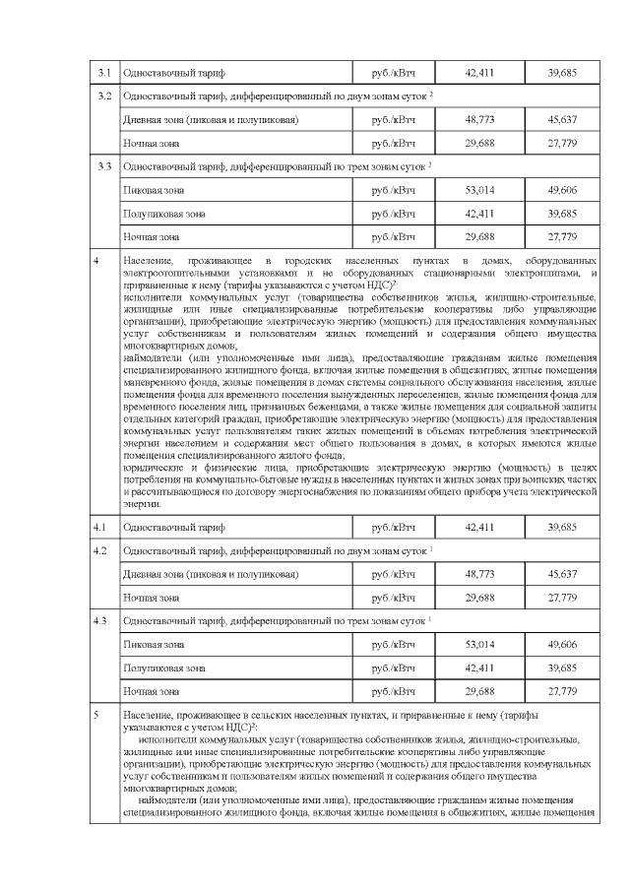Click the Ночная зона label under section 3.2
(151, 144)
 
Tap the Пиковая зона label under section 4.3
(153, 645)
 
